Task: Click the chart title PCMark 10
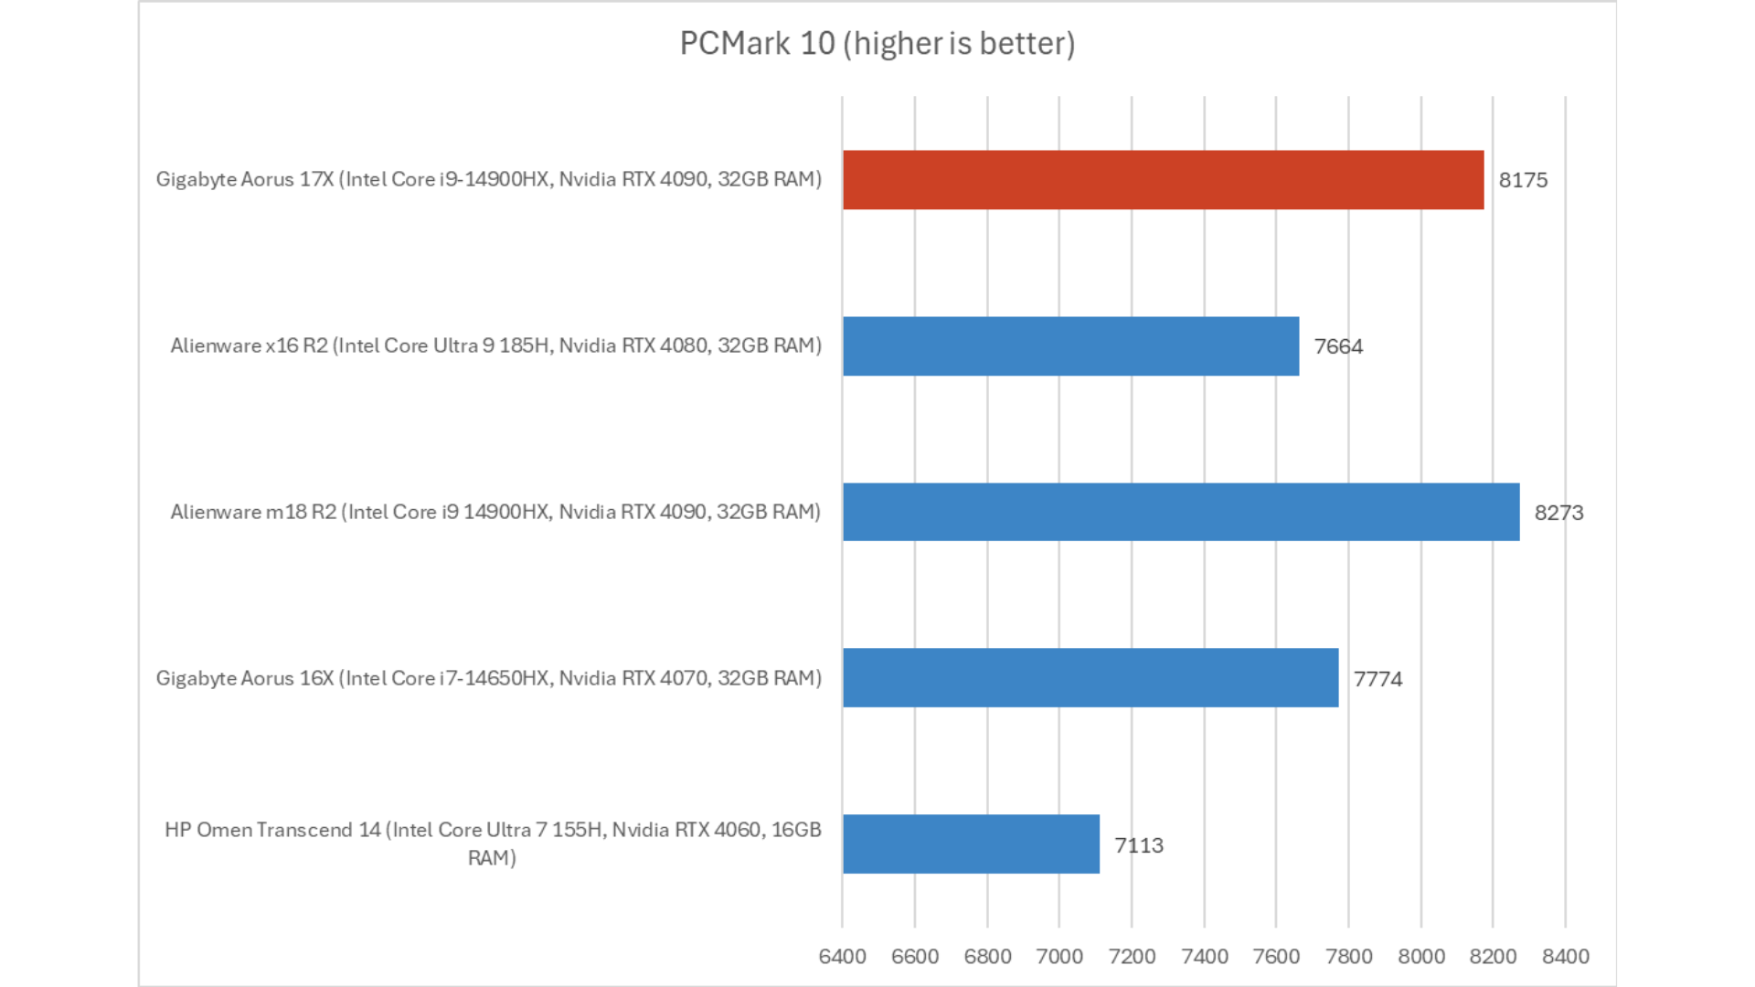tap(877, 43)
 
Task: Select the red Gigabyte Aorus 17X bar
tap(1163, 180)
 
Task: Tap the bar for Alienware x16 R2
tap(1070, 346)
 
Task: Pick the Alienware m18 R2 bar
tap(1180, 512)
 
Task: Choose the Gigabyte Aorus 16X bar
tap(1090, 678)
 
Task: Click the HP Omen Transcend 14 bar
tap(971, 844)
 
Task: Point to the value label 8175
tap(1523, 180)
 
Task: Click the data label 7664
tap(1338, 346)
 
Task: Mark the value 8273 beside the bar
tap(1558, 513)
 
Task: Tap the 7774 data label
tap(1377, 679)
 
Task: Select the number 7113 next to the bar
tap(1139, 845)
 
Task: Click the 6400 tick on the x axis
tap(842, 957)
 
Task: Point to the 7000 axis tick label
tap(1059, 957)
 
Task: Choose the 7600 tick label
tap(1276, 957)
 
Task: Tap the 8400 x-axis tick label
tap(1565, 957)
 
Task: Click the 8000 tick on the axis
tap(1421, 957)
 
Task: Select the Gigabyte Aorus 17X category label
tap(488, 179)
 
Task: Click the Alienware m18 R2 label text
tap(495, 512)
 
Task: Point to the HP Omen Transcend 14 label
tap(493, 843)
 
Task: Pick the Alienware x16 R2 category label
tap(495, 345)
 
